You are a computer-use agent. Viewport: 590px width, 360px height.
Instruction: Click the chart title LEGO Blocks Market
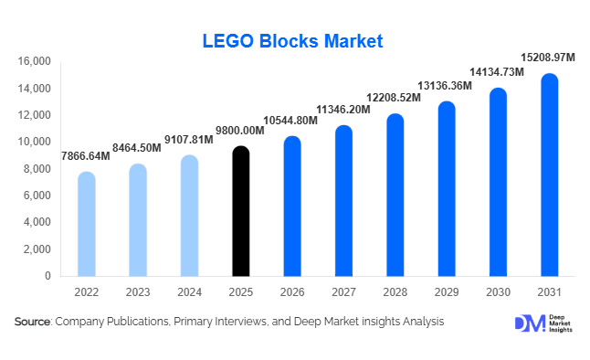click(x=292, y=41)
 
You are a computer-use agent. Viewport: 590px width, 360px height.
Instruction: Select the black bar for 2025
click(x=240, y=211)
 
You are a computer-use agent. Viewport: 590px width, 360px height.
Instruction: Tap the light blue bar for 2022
click(x=86, y=224)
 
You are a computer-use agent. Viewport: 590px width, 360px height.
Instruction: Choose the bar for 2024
click(x=189, y=216)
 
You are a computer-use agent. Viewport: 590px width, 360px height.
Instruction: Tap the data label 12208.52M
click(x=394, y=97)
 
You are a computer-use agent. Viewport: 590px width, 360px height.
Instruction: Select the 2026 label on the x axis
click(x=291, y=292)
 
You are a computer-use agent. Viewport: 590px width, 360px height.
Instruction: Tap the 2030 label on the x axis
click(x=498, y=292)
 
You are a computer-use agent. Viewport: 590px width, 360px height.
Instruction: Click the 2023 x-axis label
click(x=137, y=292)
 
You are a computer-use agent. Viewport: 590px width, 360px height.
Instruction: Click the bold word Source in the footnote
click(x=32, y=322)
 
